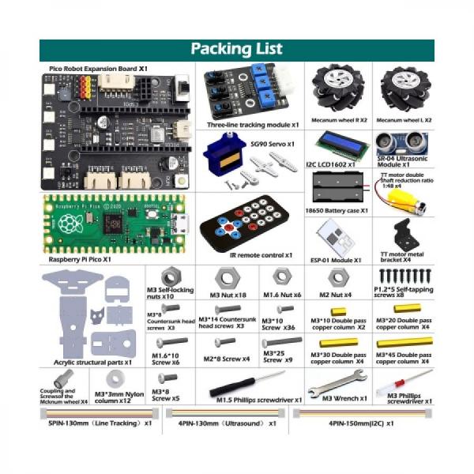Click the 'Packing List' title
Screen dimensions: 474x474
(x=236, y=49)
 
